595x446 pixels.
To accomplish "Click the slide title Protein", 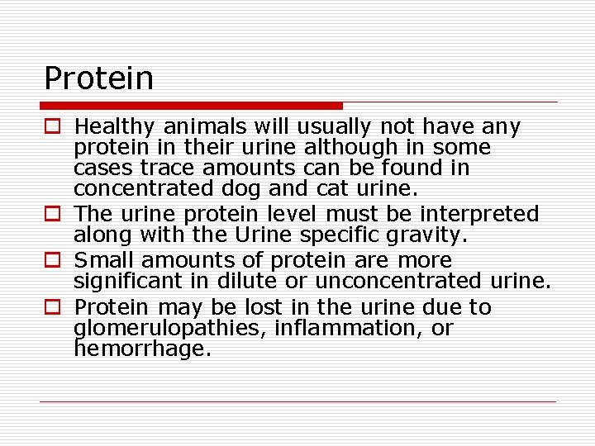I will [x=98, y=78].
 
